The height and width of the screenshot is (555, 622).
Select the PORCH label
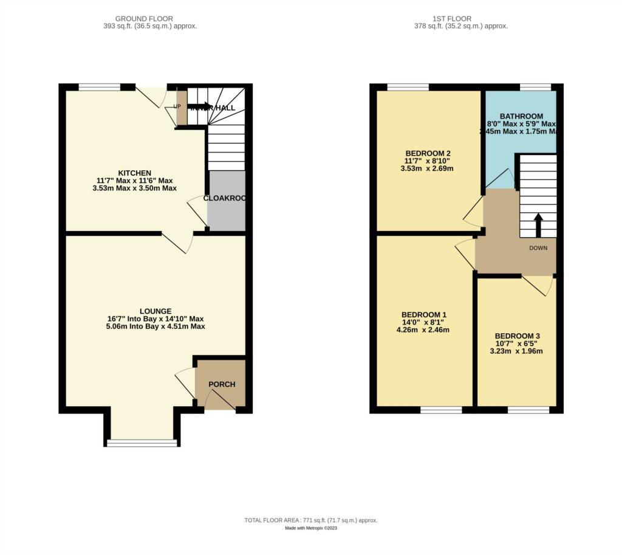click(x=222, y=384)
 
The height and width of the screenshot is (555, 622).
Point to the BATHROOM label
click(x=521, y=116)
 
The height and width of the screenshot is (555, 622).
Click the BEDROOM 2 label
click(x=428, y=153)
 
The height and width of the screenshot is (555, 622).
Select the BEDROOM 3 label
click(x=517, y=336)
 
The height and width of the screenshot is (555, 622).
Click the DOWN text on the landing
click(x=538, y=248)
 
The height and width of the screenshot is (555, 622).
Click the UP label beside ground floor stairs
click(x=178, y=106)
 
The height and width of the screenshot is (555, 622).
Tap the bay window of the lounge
click(x=143, y=442)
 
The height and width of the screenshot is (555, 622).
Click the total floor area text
click(x=311, y=520)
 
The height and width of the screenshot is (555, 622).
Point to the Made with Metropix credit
click(x=311, y=528)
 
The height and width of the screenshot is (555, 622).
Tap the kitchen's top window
click(x=100, y=87)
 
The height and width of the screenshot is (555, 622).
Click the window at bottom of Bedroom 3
click(x=524, y=410)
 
